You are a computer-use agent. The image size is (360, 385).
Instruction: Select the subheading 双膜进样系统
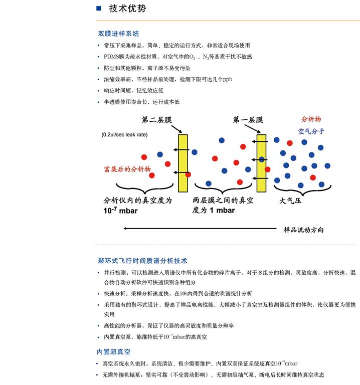(118, 34)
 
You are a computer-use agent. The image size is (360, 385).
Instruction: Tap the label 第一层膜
(248, 120)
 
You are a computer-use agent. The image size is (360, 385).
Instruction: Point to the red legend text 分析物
(311, 119)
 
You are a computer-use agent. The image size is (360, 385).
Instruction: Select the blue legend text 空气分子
(311, 131)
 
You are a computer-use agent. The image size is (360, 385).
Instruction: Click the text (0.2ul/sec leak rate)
(124, 135)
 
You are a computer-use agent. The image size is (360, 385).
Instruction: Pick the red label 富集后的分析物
(127, 169)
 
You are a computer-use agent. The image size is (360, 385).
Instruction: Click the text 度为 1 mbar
(214, 211)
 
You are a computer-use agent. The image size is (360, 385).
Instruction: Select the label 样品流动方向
(304, 230)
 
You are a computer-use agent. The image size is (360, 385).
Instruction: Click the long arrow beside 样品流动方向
(201, 229)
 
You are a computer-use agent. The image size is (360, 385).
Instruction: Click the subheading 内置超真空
(113, 351)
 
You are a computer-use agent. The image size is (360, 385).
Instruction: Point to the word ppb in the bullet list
(228, 79)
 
